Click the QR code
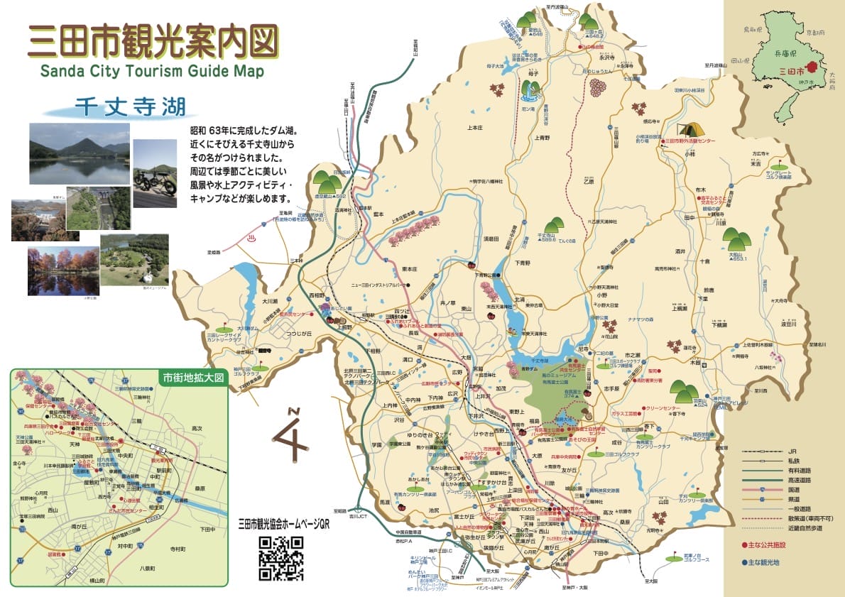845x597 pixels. tap(280, 558)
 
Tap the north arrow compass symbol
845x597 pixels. tap(292, 435)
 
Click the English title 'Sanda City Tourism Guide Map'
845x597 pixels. tap(152, 71)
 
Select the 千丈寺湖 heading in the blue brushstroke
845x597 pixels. tap(129, 107)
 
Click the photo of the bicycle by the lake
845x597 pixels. tap(155, 173)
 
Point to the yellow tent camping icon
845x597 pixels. tap(691, 129)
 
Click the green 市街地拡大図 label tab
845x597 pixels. tap(192, 378)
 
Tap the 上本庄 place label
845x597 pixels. tap(475, 128)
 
